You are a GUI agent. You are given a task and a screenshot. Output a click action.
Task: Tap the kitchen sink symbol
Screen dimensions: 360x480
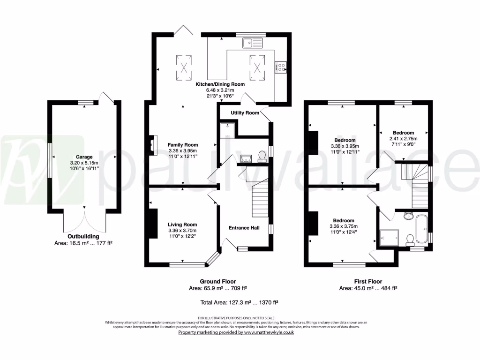(253, 44)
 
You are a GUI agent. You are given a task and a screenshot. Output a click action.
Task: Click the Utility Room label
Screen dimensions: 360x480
(245, 113)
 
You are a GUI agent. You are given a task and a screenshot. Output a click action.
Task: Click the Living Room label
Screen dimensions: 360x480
(183, 224)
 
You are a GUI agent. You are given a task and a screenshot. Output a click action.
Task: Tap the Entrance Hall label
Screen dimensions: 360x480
(244, 228)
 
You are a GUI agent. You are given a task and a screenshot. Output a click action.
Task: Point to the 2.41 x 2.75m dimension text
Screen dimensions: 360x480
(403, 139)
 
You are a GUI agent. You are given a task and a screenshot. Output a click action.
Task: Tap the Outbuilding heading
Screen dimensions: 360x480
(84, 236)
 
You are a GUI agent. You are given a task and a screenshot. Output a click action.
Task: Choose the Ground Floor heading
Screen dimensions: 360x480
(218, 281)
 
